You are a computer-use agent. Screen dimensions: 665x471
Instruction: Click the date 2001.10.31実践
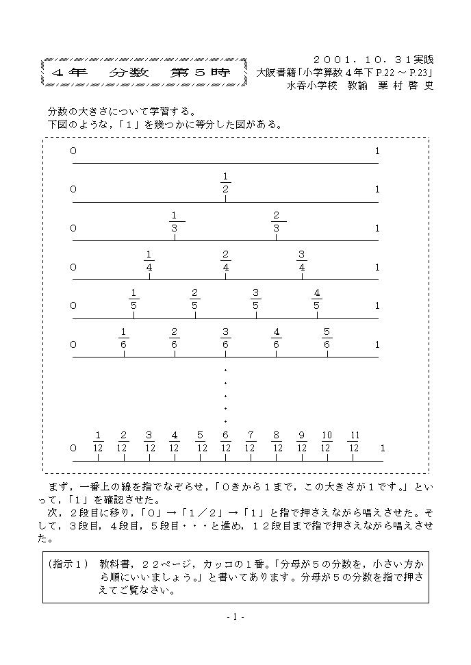(x=373, y=60)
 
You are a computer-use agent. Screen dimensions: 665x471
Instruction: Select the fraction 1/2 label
(x=225, y=183)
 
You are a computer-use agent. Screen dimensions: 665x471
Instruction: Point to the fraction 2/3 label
(x=276, y=222)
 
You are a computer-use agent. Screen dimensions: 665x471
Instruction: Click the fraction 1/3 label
(x=174, y=222)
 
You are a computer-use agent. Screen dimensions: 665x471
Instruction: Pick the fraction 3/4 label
(x=301, y=260)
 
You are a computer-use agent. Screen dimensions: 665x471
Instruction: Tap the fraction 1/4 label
(x=149, y=260)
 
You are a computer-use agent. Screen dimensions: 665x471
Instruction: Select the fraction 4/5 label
(x=316, y=299)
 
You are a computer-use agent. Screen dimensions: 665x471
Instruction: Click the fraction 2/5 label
(x=194, y=299)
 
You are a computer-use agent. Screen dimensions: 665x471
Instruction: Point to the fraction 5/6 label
(x=327, y=338)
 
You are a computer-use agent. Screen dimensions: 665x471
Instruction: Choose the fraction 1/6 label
(x=123, y=338)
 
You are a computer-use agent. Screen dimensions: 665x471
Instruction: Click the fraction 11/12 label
(x=354, y=441)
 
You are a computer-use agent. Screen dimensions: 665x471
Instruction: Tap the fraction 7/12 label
(x=251, y=441)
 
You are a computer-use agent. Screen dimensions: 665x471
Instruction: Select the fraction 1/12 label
(x=98, y=441)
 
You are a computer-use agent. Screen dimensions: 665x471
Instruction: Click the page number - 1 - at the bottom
(x=235, y=616)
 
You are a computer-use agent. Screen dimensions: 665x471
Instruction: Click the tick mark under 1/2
(x=225, y=199)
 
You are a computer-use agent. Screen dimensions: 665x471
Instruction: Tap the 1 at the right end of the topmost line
(x=377, y=151)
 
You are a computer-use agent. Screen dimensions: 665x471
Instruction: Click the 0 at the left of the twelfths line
(x=73, y=448)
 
